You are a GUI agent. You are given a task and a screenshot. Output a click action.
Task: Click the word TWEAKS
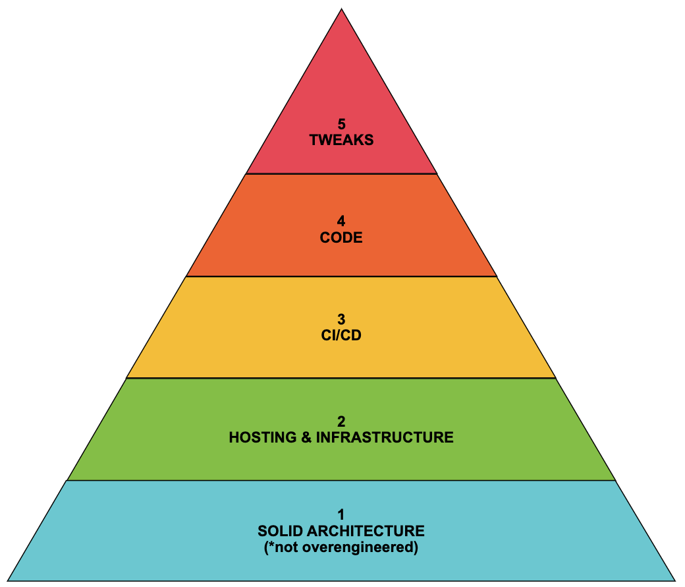pos(341,140)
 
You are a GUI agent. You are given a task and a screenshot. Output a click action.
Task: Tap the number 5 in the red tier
pos(341,124)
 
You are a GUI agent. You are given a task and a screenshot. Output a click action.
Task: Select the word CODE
pos(341,237)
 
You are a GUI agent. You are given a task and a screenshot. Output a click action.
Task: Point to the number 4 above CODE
pos(341,222)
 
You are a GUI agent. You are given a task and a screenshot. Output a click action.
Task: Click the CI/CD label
pos(341,335)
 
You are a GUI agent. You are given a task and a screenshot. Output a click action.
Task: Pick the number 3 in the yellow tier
pos(341,319)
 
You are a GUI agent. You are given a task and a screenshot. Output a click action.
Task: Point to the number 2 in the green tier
pos(341,421)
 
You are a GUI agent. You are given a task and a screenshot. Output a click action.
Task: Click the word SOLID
pos(279,531)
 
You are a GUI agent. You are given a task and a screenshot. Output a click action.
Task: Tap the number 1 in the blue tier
pos(341,514)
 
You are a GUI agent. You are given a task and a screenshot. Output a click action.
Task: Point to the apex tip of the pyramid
pos(341,9)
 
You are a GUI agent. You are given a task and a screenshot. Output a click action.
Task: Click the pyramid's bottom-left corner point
pos(8,580)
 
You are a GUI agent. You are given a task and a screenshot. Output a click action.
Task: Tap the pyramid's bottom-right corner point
pos(676,580)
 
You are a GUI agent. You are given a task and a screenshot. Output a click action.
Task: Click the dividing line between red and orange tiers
pos(341,174)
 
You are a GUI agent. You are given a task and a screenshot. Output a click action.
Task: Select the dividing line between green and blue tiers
pos(341,480)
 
